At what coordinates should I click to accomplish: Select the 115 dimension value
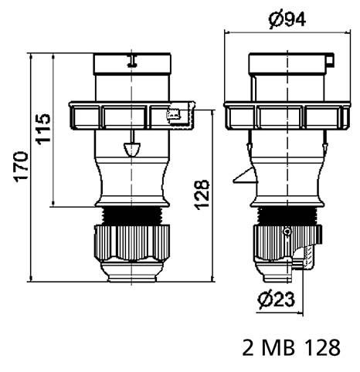[44, 129]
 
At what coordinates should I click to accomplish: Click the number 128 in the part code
[319, 349]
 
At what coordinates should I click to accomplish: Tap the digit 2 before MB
[247, 349]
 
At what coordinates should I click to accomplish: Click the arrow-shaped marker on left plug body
[132, 147]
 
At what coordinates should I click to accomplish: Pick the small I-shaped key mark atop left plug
[132, 60]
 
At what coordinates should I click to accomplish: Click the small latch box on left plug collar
[175, 116]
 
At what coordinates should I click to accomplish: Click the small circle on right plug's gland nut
[287, 232]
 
